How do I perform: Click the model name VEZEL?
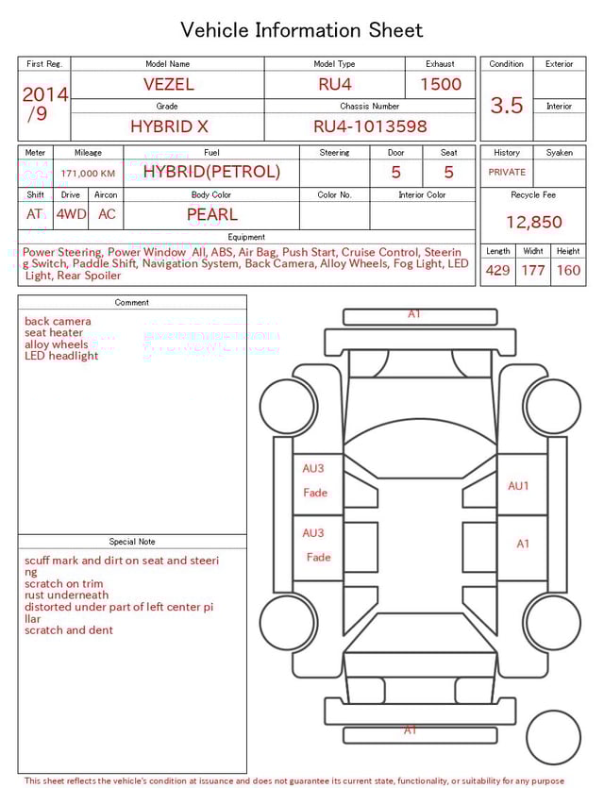[168, 84]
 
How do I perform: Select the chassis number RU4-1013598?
[370, 126]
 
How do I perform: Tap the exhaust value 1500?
[440, 84]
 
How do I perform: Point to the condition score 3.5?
[506, 105]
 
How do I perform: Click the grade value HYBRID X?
[169, 126]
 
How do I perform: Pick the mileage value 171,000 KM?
[88, 174]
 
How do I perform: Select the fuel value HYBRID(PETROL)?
[211, 172]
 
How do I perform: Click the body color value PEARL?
[211, 214]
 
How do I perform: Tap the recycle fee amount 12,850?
[533, 222]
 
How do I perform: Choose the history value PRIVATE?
[507, 173]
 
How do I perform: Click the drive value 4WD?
[71, 214]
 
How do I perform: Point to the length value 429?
[497, 270]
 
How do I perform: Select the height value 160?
[568, 270]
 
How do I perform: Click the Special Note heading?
[132, 542]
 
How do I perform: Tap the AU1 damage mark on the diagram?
[519, 486]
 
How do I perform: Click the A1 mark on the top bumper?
[413, 314]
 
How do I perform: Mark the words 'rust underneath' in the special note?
[66, 595]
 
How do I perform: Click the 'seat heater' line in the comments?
[54, 333]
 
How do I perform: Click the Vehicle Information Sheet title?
[302, 30]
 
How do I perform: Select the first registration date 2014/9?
[44, 104]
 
